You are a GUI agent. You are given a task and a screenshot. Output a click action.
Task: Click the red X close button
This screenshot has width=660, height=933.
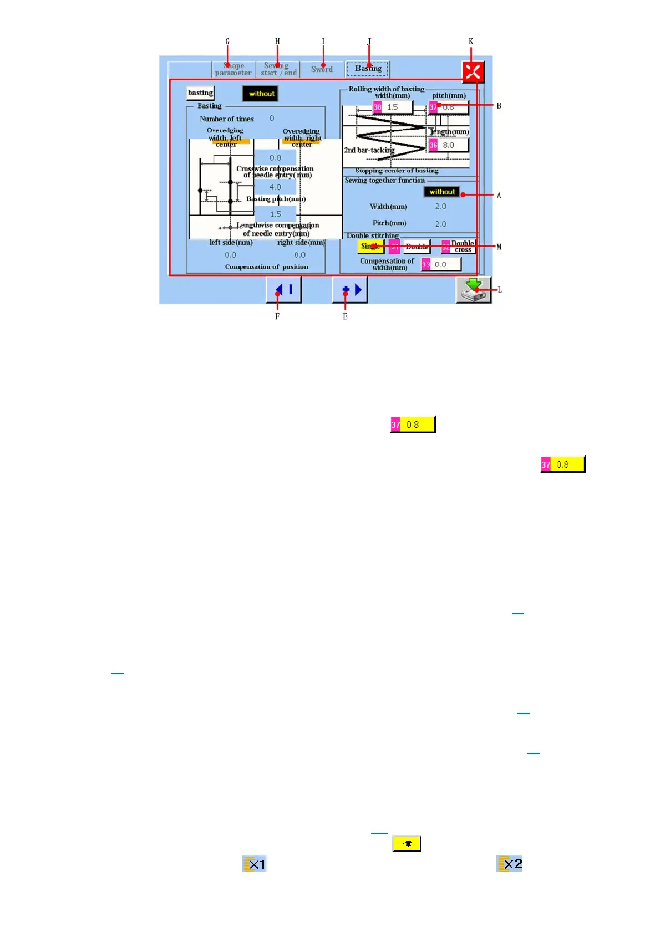[x=473, y=71]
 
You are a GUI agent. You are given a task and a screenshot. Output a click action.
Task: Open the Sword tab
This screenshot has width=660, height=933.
[x=322, y=69]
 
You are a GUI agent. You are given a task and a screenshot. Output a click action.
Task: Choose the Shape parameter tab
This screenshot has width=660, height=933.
[x=233, y=69]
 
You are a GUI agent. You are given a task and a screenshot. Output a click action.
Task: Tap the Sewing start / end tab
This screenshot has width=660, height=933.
[x=278, y=69]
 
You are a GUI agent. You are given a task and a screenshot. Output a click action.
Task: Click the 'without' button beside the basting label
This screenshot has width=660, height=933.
[x=261, y=94]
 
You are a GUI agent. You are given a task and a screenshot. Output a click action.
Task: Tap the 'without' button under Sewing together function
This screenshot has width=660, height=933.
[x=441, y=192]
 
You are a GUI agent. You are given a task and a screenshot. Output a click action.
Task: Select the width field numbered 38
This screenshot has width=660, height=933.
[x=393, y=107]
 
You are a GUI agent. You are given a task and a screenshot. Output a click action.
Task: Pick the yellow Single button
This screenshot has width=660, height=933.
[x=370, y=247]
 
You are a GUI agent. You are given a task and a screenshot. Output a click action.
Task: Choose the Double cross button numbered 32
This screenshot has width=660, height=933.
[x=459, y=247]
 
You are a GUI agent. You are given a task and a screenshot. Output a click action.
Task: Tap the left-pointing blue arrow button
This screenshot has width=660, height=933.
[x=283, y=290]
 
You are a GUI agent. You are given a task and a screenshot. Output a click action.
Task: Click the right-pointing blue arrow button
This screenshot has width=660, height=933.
[x=350, y=290]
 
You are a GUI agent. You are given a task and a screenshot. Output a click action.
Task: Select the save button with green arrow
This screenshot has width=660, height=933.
[x=473, y=290]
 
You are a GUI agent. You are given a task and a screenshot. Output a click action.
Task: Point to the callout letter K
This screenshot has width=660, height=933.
[x=471, y=42]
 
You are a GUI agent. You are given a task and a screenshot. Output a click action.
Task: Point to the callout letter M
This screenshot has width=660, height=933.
[x=499, y=247]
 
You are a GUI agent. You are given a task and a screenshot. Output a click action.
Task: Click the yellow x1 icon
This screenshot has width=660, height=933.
[x=255, y=864]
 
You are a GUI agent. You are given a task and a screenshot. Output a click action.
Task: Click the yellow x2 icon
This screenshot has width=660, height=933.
[x=510, y=864]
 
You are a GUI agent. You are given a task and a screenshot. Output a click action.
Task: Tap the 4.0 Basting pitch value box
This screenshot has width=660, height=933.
[x=275, y=187]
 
